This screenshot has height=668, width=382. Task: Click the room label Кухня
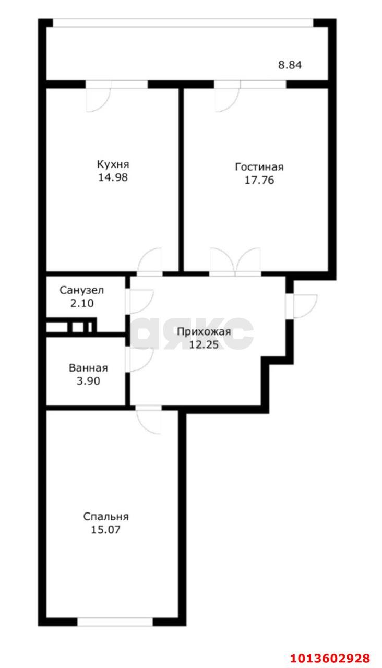coord(112,164)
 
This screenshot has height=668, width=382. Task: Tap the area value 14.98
coord(112,177)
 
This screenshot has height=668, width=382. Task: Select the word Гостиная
coord(259,167)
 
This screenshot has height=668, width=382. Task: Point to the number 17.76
coord(259,181)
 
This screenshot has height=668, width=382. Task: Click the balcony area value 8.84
coord(290,65)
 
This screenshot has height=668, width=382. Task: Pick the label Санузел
coord(82,290)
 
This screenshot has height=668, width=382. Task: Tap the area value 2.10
coord(82,303)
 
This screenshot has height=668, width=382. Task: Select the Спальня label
coord(106,517)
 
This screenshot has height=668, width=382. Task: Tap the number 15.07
coord(106,530)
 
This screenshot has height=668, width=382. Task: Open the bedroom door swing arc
coord(149,421)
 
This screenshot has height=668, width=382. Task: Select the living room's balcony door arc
coord(226,99)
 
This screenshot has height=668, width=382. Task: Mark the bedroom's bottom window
coord(115,622)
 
